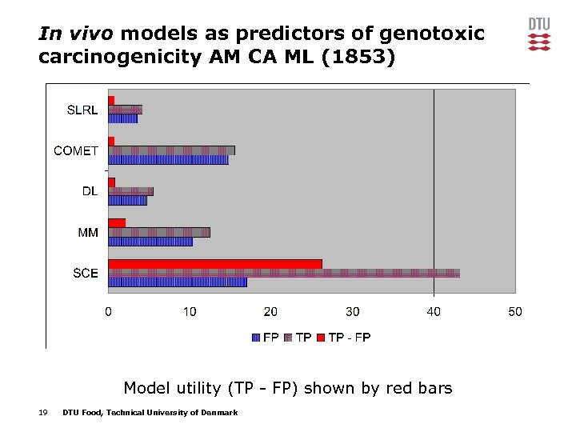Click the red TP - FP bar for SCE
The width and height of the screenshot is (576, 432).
click(215, 264)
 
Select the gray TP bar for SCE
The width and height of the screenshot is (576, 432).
click(284, 273)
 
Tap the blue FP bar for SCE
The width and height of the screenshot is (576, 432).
click(178, 282)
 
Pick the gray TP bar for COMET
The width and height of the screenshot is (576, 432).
click(171, 150)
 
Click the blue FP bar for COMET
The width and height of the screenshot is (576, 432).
click(168, 159)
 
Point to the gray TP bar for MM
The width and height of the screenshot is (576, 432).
click(159, 232)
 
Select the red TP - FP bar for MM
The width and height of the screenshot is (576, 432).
click(117, 222)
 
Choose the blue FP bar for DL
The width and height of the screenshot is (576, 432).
click(127, 200)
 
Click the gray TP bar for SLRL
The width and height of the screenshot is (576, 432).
click(125, 110)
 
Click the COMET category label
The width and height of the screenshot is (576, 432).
click(76, 150)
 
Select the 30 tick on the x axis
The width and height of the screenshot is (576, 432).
click(352, 311)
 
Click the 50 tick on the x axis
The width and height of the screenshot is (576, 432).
click(514, 311)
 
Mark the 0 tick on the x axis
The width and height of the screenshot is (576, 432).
click(109, 311)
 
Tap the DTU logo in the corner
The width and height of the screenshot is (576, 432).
click(539, 34)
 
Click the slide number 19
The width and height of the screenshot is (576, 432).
click(42, 412)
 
